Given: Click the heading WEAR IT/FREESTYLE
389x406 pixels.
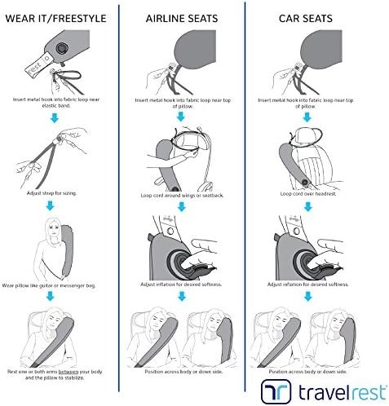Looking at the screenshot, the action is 55,19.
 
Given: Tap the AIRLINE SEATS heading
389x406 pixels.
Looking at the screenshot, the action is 182,19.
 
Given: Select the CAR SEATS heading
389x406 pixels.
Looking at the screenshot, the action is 306,19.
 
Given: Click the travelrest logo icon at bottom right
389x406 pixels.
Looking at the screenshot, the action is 276,391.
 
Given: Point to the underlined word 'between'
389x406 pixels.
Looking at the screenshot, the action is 69,372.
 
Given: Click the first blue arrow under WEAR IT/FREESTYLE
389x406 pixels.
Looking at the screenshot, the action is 55,118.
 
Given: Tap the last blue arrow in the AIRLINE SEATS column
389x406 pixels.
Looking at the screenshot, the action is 182,296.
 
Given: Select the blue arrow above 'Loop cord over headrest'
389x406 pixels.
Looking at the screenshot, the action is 307,117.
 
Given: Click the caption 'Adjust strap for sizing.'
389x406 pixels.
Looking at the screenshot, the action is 51,193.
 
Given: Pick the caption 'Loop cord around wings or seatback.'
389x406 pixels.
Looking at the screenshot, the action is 182,195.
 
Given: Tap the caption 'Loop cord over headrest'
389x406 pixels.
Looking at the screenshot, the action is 308,194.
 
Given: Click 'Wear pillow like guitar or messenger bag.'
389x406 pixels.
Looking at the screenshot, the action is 49,285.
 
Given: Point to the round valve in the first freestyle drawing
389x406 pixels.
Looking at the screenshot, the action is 62,49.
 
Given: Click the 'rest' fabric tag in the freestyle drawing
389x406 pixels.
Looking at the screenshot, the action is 38,65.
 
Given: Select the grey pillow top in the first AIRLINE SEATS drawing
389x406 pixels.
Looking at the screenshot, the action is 196,49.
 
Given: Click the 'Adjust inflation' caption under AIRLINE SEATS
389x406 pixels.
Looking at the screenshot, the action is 181,285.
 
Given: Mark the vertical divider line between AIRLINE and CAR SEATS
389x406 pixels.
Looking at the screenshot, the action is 245,196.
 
